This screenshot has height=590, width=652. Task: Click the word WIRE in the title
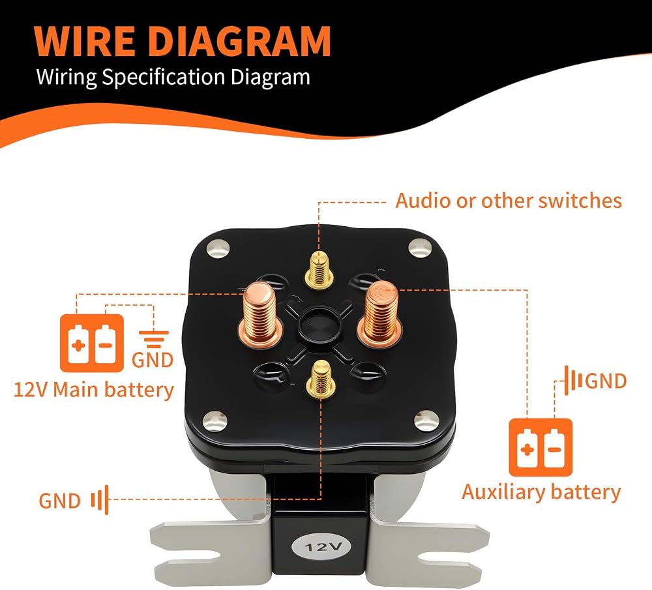[84, 41]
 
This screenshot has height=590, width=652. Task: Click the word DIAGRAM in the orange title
[239, 41]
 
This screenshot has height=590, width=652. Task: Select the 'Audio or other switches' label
[508, 201]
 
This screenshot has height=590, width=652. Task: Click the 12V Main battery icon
[92, 343]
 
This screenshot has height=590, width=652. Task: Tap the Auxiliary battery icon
[541, 447]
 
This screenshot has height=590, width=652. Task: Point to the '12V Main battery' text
[94, 390]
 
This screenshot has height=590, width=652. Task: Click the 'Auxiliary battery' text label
[541, 492]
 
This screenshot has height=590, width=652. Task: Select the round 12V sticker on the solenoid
[322, 546]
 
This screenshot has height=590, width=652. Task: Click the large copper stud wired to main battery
[260, 314]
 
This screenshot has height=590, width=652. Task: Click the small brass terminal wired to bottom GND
[321, 378]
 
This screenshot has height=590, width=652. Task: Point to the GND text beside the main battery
[153, 360]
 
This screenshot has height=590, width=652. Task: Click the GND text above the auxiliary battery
[606, 381]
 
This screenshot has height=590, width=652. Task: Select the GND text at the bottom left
[59, 501]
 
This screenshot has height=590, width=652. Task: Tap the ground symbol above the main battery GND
[154, 339]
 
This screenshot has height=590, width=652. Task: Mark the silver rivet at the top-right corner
[421, 248]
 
